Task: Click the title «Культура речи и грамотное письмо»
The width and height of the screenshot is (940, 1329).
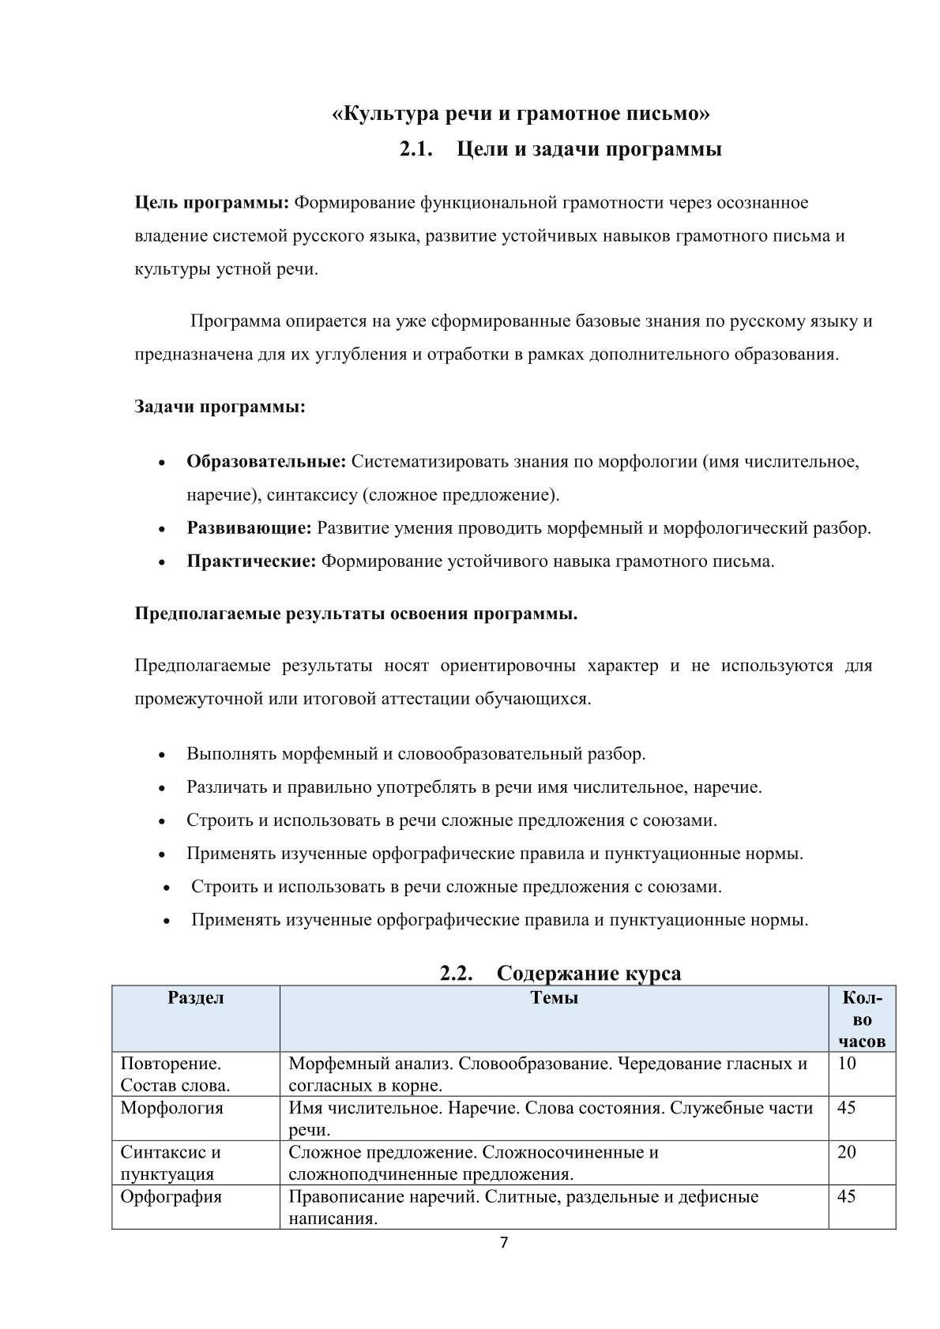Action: coord(520,115)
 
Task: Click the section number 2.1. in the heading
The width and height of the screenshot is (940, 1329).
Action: coord(417,149)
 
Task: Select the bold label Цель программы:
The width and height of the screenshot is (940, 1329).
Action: coord(212,203)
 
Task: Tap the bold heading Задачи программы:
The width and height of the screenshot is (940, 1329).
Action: coord(220,407)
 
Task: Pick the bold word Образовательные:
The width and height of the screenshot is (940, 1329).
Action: coord(266,461)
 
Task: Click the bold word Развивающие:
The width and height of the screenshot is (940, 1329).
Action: coord(249,528)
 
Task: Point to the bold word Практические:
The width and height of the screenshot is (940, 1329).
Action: coord(251,561)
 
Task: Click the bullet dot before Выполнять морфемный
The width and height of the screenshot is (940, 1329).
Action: coord(162,755)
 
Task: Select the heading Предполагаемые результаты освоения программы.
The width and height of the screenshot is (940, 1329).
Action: coord(356,614)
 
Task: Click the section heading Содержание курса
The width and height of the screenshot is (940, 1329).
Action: coord(588,973)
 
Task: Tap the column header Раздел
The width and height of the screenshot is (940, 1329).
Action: coord(196,998)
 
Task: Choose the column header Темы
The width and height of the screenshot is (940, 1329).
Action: coord(554,998)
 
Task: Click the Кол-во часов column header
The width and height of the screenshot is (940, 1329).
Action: coord(862,1019)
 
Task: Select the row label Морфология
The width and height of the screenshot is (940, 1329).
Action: coord(171,1108)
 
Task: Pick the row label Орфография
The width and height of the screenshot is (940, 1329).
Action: coord(171,1196)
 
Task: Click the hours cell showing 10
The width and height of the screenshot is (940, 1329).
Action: coord(846,1064)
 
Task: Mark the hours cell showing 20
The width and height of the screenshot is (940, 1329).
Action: coord(846,1152)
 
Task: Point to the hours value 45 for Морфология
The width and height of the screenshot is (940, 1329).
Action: coord(846,1108)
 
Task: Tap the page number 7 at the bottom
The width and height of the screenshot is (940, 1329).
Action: coord(505,1244)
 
